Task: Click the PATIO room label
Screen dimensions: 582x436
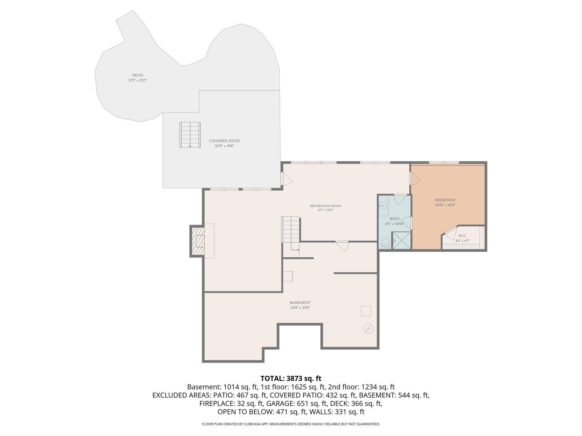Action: pyautogui.click(x=138, y=75)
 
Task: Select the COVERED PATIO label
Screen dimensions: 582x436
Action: pyautogui.click(x=224, y=141)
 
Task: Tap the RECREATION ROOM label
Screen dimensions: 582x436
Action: pyautogui.click(x=326, y=206)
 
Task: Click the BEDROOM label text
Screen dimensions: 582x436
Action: pyautogui.click(x=445, y=200)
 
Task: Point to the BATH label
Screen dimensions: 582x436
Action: pyautogui.click(x=395, y=219)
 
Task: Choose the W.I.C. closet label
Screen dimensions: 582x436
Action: pyautogui.click(x=462, y=236)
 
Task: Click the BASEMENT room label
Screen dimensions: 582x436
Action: pyautogui.click(x=300, y=303)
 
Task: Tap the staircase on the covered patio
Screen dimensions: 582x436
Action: pyautogui.click(x=190, y=135)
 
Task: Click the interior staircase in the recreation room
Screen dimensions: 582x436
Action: pyautogui.click(x=291, y=234)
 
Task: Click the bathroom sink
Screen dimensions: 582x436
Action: pyautogui.click(x=383, y=206)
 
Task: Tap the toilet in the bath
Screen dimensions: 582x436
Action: pyautogui.click(x=385, y=243)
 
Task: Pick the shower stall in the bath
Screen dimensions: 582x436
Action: pyautogui.click(x=401, y=240)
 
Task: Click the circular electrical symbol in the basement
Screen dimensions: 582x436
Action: pyautogui.click(x=368, y=329)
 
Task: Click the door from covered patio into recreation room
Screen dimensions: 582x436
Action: pyautogui.click(x=286, y=179)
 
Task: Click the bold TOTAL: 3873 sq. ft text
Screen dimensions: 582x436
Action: pyautogui.click(x=291, y=378)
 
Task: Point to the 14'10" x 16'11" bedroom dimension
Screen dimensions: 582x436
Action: pyautogui.click(x=445, y=205)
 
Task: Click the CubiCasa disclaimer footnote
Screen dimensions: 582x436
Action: pyautogui.click(x=291, y=424)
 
